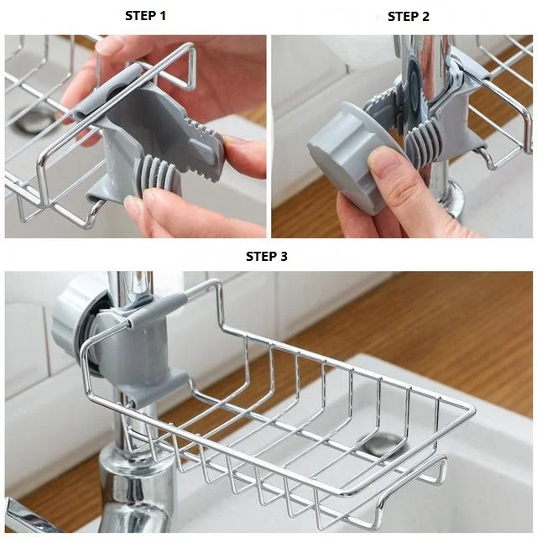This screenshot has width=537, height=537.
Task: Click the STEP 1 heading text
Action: [145, 16]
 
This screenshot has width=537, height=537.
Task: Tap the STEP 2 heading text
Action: [409, 17]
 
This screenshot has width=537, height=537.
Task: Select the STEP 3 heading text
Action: [266, 257]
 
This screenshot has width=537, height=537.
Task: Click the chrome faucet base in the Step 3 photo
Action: [126, 487]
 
